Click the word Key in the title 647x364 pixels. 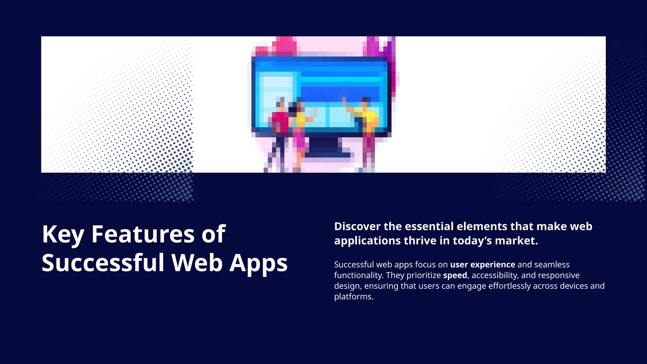point(63,234)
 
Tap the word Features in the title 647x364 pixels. point(143,234)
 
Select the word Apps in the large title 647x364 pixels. point(258,263)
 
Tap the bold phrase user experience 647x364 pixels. point(482,264)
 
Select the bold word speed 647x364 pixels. point(455,275)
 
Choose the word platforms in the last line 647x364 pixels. point(354,297)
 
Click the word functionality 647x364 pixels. point(358,275)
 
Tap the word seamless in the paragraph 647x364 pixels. point(552,264)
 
